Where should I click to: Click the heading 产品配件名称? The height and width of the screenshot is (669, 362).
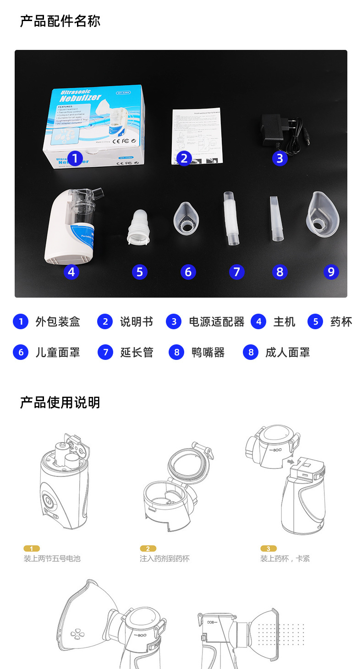(x=60, y=21)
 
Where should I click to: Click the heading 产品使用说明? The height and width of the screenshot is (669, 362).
(x=60, y=402)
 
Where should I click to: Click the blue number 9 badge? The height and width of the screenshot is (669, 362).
(x=331, y=272)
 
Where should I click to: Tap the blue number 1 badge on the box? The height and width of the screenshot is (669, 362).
(x=75, y=159)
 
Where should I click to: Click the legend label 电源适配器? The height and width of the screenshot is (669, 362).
(x=217, y=322)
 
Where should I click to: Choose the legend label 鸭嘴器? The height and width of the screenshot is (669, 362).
(x=208, y=353)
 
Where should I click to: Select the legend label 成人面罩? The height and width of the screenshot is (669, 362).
(x=287, y=353)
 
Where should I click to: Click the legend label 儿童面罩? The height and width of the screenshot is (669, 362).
(x=58, y=353)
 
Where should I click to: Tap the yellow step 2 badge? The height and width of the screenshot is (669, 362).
(x=148, y=549)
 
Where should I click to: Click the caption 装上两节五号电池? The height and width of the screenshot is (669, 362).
(x=52, y=559)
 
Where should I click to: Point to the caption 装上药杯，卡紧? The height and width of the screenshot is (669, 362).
(x=285, y=559)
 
